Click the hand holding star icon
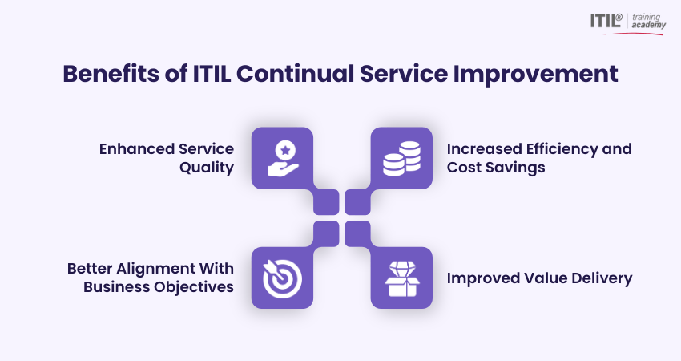(x=282, y=158)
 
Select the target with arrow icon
(x=282, y=278)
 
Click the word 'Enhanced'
(x=133, y=149)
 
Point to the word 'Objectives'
(x=195, y=287)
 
